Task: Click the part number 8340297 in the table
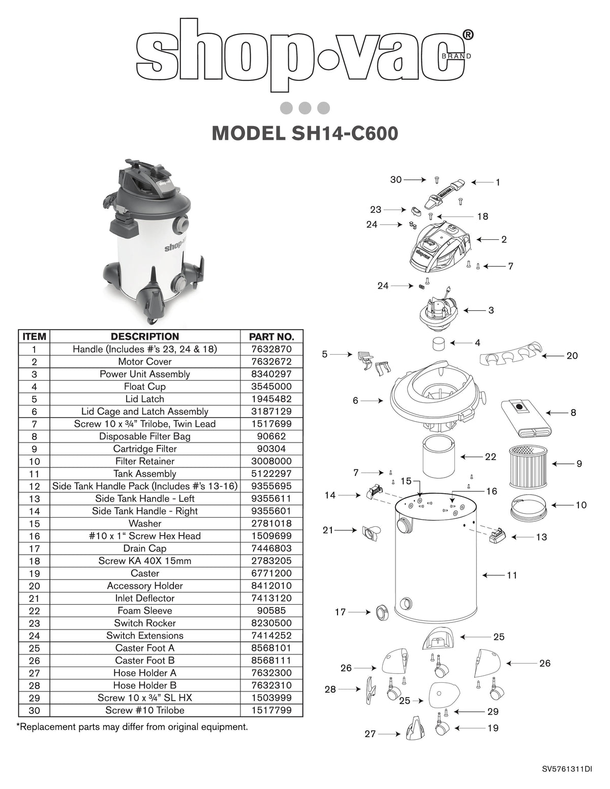point(271,374)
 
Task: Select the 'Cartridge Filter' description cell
point(145,449)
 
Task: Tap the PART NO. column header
point(271,336)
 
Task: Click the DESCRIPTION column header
point(145,336)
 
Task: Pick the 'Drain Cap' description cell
point(145,548)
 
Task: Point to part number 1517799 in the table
point(271,710)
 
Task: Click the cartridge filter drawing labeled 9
point(530,465)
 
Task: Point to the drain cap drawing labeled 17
point(382,612)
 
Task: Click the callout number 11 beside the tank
point(511,575)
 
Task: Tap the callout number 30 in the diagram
point(396,179)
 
